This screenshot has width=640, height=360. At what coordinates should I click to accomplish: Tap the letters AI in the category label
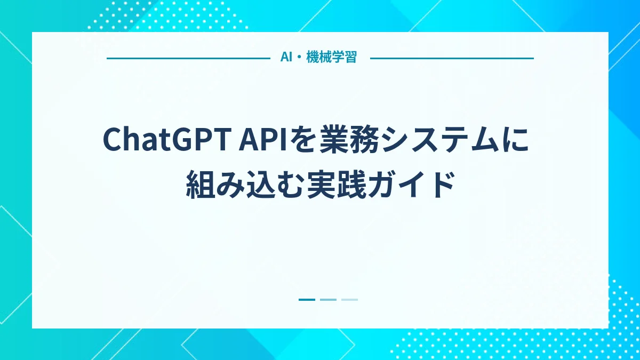pyautogui.click(x=286, y=58)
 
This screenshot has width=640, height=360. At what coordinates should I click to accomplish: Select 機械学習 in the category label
pyautogui.click(x=331, y=58)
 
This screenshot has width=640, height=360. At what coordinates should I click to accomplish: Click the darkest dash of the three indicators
pyautogui.click(x=307, y=300)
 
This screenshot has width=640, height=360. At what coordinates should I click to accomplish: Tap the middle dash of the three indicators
pyautogui.click(x=328, y=300)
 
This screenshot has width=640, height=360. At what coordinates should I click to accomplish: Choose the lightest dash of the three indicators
pyautogui.click(x=349, y=300)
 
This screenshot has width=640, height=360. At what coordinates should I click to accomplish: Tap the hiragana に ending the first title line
pyautogui.click(x=517, y=139)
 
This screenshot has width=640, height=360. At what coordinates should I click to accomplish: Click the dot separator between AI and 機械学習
pyautogui.click(x=299, y=58)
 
